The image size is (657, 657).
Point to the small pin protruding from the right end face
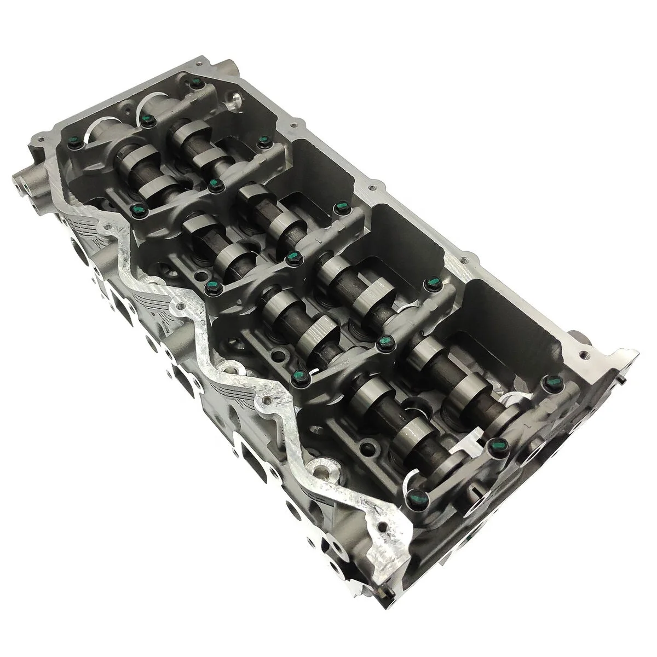pos(625,383)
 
